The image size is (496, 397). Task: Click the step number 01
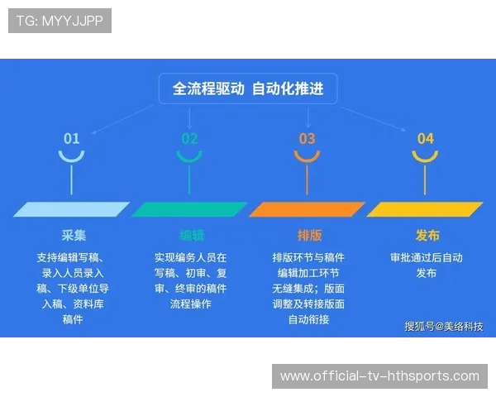[x=72, y=138]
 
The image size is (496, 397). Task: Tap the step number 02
[x=190, y=138]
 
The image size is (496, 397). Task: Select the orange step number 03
[x=307, y=138]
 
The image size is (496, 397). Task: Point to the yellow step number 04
[x=425, y=138]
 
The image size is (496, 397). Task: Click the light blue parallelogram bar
[x=72, y=209]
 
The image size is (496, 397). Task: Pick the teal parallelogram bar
[x=189, y=209]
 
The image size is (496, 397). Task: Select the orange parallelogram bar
[x=308, y=209]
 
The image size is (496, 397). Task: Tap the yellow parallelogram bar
[x=425, y=209]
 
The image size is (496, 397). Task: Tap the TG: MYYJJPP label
[x=60, y=21]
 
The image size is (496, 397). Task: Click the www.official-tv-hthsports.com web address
[x=379, y=376]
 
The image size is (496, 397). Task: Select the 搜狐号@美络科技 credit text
[x=443, y=326]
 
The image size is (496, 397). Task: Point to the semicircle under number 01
[x=72, y=156]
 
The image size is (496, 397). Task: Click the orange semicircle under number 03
[x=307, y=156]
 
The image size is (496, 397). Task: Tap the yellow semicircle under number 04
[x=425, y=156]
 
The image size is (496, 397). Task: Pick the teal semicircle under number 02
[x=190, y=156]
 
